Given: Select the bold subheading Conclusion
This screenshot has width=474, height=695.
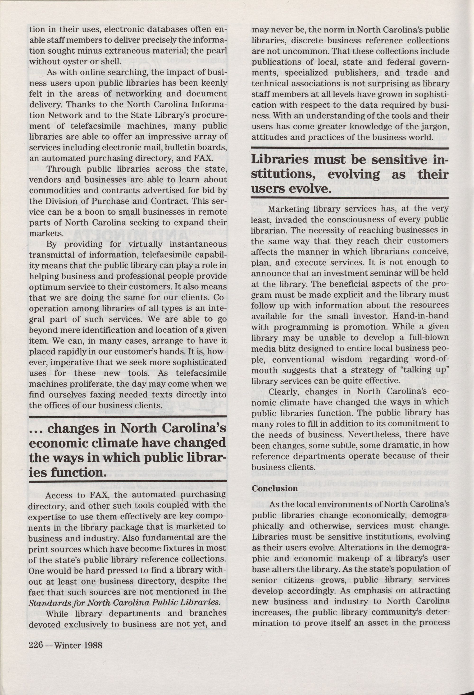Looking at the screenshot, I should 275,488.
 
